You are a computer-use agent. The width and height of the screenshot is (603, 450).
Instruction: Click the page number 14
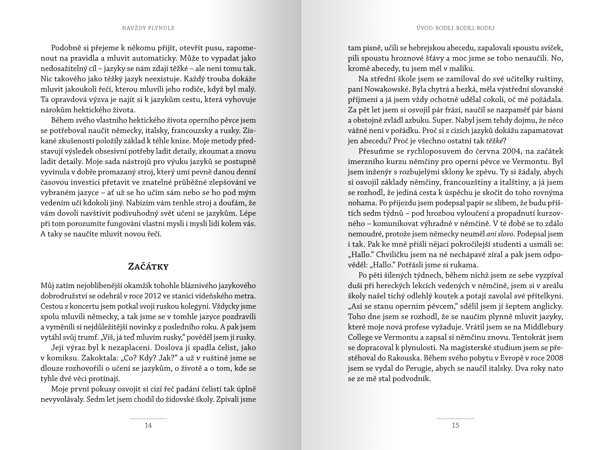coord(148,425)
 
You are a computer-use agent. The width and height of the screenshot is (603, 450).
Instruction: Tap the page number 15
coord(455,425)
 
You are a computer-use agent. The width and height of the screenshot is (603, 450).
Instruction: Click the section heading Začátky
coord(148,267)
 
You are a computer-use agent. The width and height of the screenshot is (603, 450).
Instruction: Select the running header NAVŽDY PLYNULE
coord(148,28)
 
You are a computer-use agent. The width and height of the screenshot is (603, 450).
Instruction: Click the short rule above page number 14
coord(148,419)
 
